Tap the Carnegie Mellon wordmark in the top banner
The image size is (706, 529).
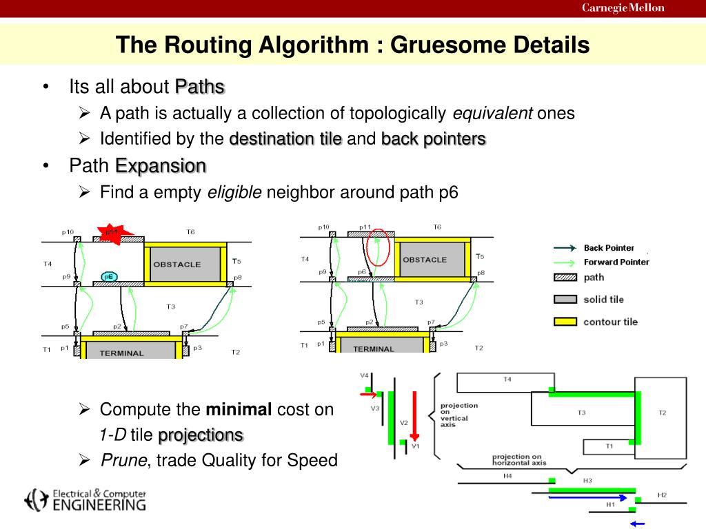point(623,8)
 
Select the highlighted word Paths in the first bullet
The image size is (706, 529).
point(200,87)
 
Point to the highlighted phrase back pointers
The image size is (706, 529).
point(434,139)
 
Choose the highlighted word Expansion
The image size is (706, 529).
point(161,166)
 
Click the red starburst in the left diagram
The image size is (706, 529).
point(110,234)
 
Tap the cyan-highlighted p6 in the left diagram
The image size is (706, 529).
point(108,276)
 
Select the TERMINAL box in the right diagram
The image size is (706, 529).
point(373,349)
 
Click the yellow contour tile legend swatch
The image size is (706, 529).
point(564,321)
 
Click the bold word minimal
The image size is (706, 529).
point(239,409)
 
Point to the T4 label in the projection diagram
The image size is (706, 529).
point(507,380)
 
